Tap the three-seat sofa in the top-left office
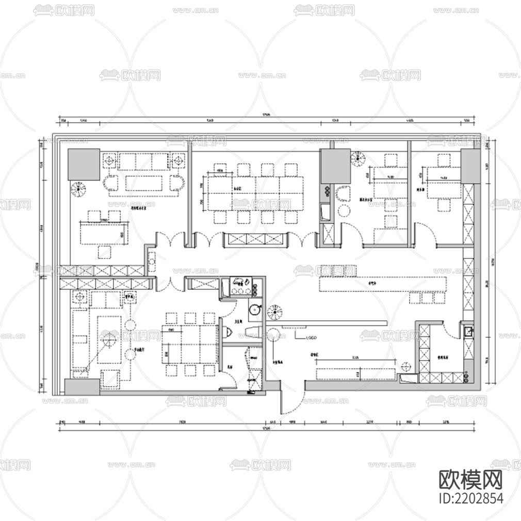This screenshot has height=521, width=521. [x=143, y=161]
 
